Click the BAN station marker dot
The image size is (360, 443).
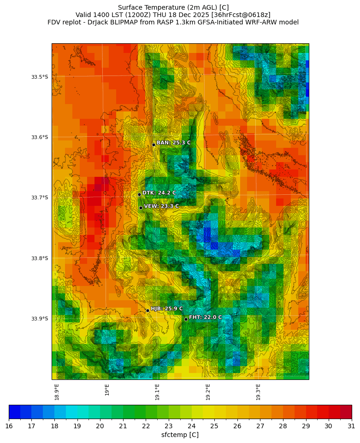click(x=153, y=145)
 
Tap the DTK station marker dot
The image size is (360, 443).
click(x=139, y=194)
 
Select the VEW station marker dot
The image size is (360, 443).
click(x=141, y=208)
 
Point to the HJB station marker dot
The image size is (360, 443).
click(x=148, y=310)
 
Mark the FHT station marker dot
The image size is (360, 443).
click(x=186, y=319)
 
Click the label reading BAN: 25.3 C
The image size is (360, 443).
click(x=173, y=143)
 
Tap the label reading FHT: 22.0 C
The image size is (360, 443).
click(x=205, y=317)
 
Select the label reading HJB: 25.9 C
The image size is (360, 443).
click(x=166, y=309)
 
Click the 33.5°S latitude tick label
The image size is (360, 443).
click(x=40, y=77)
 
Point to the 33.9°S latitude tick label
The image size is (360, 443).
click(x=40, y=319)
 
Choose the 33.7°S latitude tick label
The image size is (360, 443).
click(x=40, y=198)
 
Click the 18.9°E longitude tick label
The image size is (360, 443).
click(x=57, y=392)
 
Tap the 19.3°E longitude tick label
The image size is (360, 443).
click(x=258, y=392)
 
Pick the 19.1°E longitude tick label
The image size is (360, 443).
click(x=157, y=392)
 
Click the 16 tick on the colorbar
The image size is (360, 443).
click(x=9, y=426)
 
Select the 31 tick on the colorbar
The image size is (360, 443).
click(x=351, y=426)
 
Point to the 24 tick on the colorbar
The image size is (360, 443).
click(x=191, y=426)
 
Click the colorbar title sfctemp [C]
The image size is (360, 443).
click(x=180, y=435)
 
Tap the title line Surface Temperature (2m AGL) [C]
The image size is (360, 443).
click(x=173, y=7)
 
